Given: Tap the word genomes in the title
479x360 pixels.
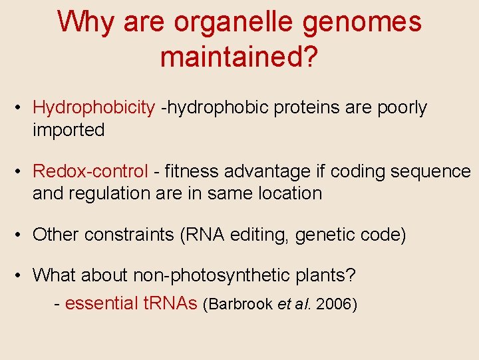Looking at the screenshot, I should [x=363, y=23].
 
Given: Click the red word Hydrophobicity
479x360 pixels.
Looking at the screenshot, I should [x=94, y=108].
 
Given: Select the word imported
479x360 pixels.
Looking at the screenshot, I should [x=69, y=130].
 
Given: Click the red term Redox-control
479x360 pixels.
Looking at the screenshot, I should [x=90, y=171].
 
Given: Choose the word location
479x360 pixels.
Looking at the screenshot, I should [x=290, y=193].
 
